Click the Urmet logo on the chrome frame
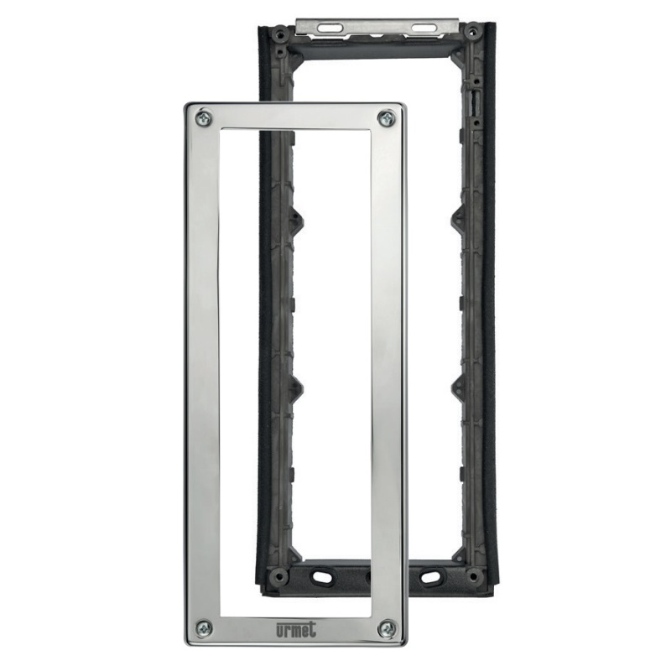296,629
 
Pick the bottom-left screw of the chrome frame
206,627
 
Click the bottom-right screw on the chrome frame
388,628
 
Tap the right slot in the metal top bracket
423,28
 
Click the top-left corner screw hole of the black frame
280,32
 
